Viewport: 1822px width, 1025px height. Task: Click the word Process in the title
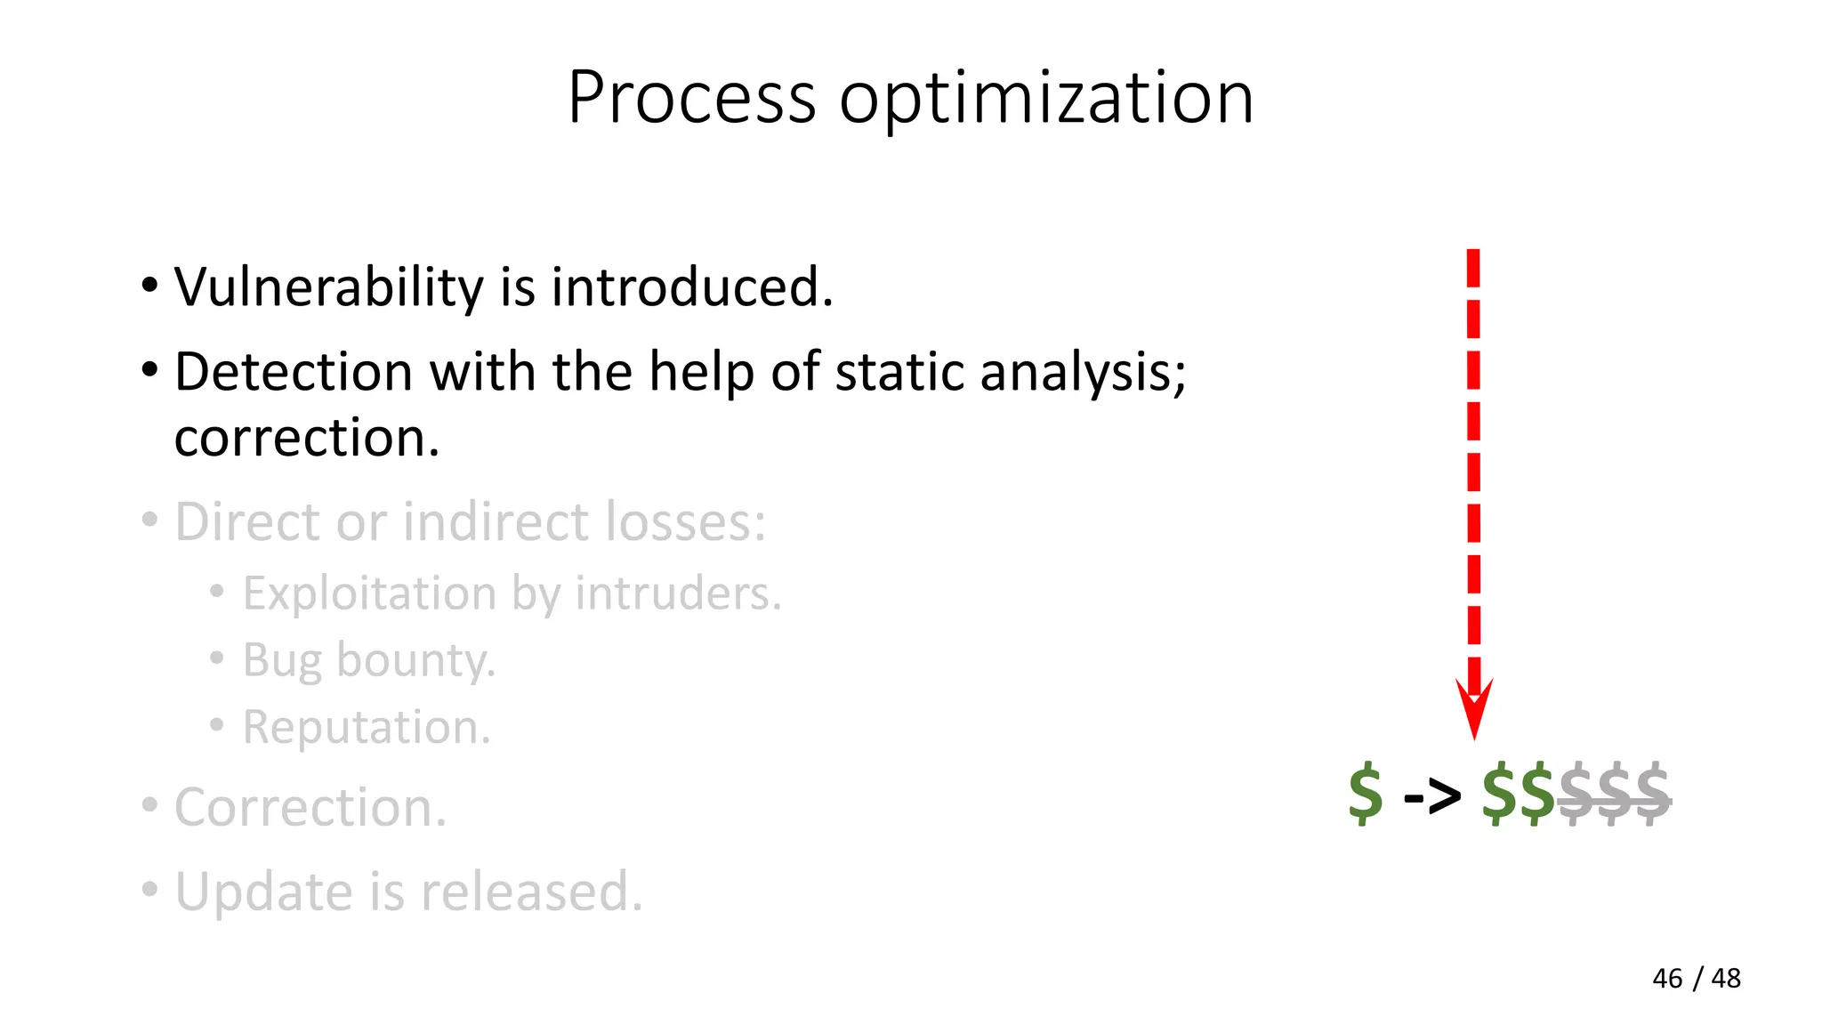point(691,97)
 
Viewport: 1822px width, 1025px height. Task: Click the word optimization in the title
point(1046,99)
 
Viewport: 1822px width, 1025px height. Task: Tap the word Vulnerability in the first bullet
point(329,287)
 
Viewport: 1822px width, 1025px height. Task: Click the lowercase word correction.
point(307,438)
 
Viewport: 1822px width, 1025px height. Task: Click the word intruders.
point(678,593)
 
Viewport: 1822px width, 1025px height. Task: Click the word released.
point(531,892)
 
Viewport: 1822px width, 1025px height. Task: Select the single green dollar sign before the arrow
point(1366,793)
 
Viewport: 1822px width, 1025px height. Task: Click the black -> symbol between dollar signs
point(1431,795)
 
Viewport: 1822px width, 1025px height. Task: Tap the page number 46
point(1667,979)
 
